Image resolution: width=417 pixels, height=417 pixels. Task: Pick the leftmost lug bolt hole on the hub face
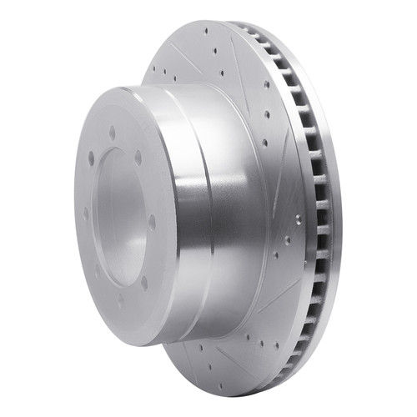(85, 214)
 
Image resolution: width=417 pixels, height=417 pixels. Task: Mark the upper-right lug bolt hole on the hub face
(138, 156)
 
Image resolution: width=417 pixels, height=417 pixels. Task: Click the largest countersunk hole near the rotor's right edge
(298, 219)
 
